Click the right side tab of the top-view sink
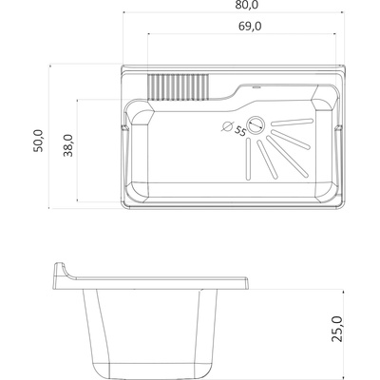click(x=342, y=128)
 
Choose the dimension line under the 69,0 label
click(x=246, y=37)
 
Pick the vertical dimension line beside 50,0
click(x=51, y=135)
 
